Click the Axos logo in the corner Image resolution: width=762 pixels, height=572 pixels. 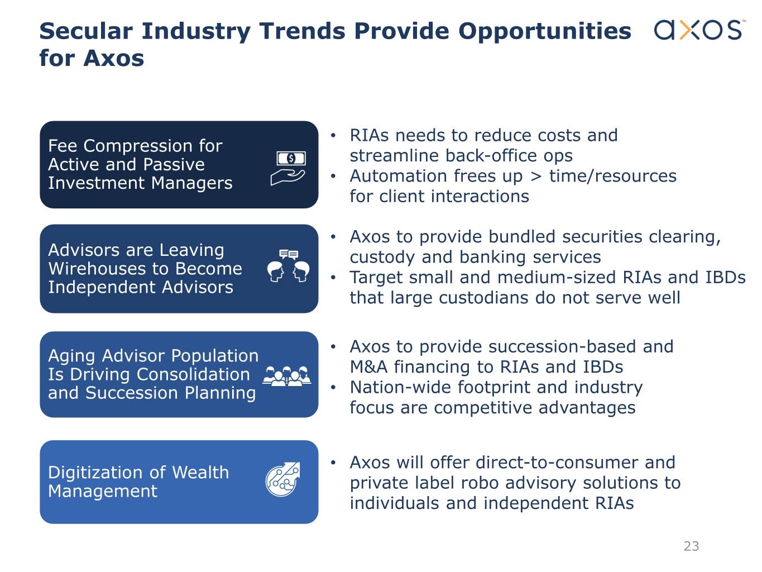coord(699,30)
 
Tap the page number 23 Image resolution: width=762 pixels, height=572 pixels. coord(691,546)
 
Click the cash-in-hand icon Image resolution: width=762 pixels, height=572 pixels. coord(288,168)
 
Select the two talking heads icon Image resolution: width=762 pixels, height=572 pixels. coord(288,266)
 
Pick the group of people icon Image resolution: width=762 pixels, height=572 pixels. coord(287,376)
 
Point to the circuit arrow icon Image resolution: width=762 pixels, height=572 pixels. coord(282,479)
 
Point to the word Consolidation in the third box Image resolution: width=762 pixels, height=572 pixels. coord(193,374)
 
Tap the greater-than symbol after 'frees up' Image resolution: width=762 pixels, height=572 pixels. coord(536,177)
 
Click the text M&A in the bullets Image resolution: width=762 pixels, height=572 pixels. coord(368,367)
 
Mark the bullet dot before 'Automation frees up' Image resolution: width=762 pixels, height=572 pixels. coord(333,177)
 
